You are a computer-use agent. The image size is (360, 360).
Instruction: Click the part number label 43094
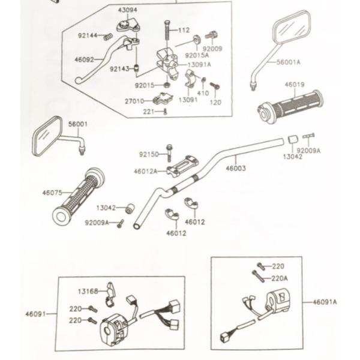coord(127,10)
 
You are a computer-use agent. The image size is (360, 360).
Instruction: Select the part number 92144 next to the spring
coord(87,35)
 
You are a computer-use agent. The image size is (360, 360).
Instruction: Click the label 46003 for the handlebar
coord(236,169)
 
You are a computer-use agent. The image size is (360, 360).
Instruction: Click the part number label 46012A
coord(145,171)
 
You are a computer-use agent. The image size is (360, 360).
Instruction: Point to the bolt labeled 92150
coord(170,152)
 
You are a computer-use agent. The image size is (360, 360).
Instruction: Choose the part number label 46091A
coord(325,302)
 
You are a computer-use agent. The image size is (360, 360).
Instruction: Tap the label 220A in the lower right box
coord(280,278)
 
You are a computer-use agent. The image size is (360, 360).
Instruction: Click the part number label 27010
coord(134,101)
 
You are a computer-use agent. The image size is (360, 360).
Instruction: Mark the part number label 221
coord(148,112)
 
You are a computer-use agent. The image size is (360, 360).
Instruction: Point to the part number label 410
coord(203,93)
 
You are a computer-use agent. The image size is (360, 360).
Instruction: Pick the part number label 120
coord(215,102)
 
